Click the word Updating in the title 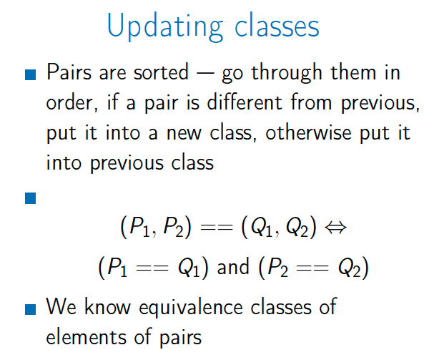[x=165, y=27]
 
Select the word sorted [x=161, y=72]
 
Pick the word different [x=245, y=102]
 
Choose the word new [x=184, y=135]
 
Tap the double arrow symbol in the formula [x=335, y=228]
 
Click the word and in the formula [x=233, y=267]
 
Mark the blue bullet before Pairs [x=31, y=74]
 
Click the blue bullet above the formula [x=31, y=198]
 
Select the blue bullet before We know [x=31, y=309]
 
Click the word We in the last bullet [x=61, y=306]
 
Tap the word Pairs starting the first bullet [x=69, y=72]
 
